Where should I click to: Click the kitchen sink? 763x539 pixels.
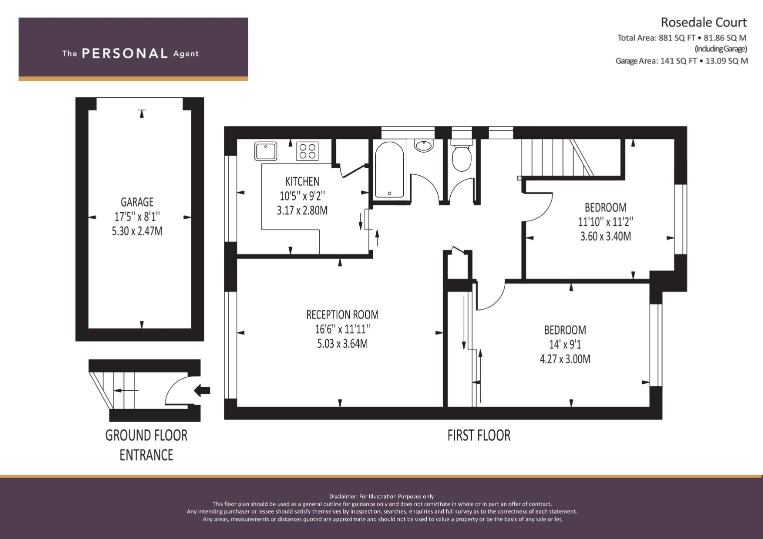click(265, 151)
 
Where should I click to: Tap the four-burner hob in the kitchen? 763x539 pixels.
click(308, 151)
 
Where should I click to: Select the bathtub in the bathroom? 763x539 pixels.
click(389, 170)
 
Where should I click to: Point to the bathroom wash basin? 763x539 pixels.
click(423, 145)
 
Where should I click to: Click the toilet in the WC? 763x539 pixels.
click(462, 155)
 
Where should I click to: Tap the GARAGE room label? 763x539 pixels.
click(137, 202)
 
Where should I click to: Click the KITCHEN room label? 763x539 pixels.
click(302, 181)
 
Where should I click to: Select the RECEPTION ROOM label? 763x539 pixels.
click(342, 315)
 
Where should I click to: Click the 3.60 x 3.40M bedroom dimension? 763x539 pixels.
click(605, 236)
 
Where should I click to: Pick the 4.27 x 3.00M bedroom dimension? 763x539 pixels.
click(565, 359)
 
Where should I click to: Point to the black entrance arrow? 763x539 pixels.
click(202, 390)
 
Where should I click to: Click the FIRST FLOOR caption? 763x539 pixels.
click(479, 436)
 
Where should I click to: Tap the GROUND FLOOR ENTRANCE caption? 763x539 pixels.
click(146, 445)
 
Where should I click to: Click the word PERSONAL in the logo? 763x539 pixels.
click(125, 53)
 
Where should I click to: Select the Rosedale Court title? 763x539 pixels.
click(704, 22)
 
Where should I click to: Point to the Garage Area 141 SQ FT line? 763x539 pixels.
click(682, 61)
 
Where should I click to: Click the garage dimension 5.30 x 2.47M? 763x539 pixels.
click(137, 232)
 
